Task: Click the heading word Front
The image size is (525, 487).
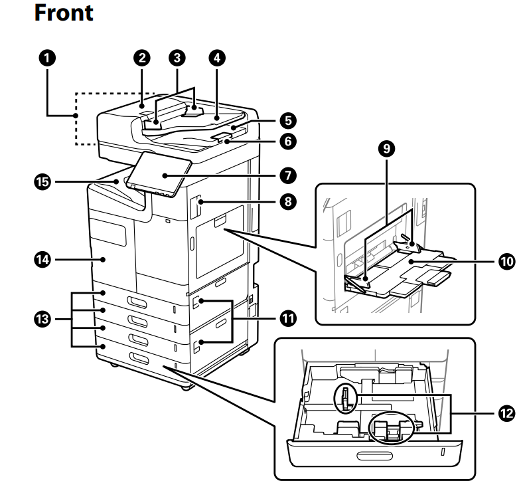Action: click(64, 13)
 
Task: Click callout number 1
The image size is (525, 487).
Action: click(45, 58)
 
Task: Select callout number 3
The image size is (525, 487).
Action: click(176, 58)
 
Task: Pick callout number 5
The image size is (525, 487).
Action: click(287, 120)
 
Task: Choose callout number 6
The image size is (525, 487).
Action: click(287, 141)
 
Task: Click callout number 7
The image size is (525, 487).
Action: click(287, 175)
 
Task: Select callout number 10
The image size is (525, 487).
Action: click(506, 262)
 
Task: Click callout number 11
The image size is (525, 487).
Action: click(287, 318)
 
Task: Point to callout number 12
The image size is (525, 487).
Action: click(506, 413)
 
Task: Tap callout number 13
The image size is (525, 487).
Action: click(45, 320)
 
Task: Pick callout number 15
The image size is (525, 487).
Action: click(45, 181)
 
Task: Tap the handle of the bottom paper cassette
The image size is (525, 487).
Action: click(141, 359)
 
